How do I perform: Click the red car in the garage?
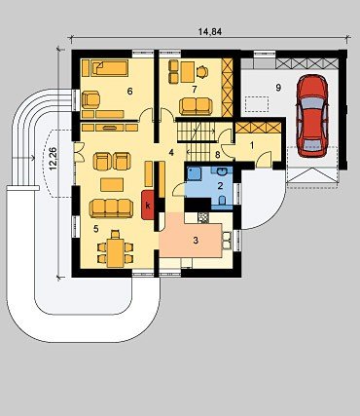[x=312, y=116]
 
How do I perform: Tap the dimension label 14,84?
[x=210, y=31]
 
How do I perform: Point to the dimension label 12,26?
[x=53, y=159]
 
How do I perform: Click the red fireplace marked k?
[x=148, y=206]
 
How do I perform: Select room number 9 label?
[x=278, y=88]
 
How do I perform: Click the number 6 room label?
[x=129, y=92]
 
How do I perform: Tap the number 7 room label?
[x=195, y=90]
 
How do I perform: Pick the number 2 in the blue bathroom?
[x=220, y=186]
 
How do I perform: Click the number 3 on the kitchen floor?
[x=196, y=241]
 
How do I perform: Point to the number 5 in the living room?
[x=95, y=229]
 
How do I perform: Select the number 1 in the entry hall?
[x=252, y=146]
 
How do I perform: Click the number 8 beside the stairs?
[x=217, y=155]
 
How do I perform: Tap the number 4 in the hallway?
[x=171, y=152]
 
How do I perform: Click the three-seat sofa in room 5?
[x=111, y=208]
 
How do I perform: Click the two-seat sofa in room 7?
[x=196, y=106]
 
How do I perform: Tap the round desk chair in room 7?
[x=202, y=72]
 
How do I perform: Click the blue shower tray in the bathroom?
[x=194, y=173]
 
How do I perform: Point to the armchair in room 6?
[x=90, y=99]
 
